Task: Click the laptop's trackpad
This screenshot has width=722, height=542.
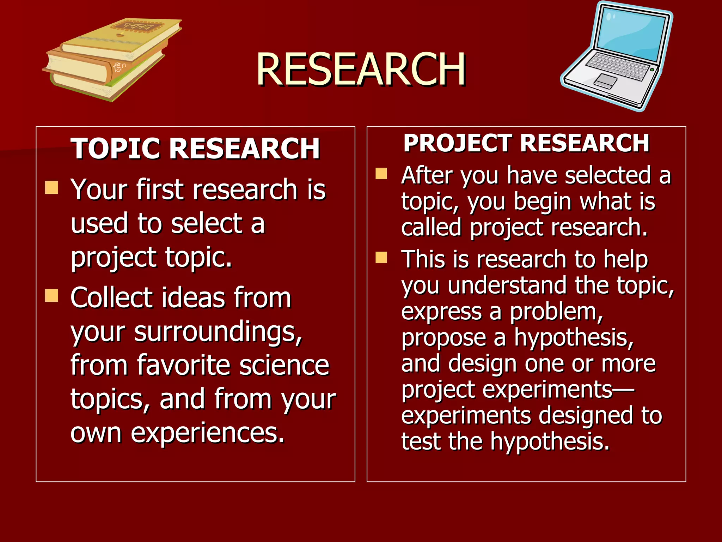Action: [605, 81]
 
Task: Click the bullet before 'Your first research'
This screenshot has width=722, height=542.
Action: [51, 188]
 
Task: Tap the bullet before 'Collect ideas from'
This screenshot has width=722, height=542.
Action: [51, 296]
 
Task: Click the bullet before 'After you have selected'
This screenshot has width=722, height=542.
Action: [381, 174]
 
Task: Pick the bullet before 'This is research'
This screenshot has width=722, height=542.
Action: [381, 258]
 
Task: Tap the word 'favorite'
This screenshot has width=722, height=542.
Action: [184, 365]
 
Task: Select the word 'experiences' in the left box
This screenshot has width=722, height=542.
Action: [207, 433]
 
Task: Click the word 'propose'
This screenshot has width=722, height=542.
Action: [444, 338]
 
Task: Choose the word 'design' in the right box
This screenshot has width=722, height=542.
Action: [482, 363]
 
